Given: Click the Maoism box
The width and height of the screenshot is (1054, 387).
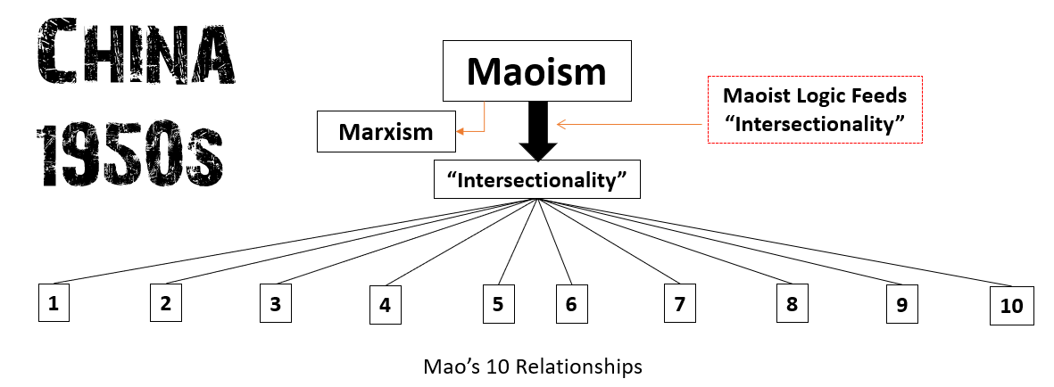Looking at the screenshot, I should [537, 70].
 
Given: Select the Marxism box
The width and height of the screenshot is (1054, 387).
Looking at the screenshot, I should [386, 133].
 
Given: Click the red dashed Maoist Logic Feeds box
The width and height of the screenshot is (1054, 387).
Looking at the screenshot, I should [813, 110].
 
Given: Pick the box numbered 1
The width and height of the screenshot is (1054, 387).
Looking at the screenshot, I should [54, 302].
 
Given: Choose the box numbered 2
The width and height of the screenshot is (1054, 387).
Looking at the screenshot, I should [165, 302].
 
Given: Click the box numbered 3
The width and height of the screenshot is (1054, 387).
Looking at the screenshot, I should [276, 303].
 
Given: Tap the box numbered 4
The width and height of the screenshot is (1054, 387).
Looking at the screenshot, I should [385, 304].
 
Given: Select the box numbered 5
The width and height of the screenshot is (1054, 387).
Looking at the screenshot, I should [498, 303].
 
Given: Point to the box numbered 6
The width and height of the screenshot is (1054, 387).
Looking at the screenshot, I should [571, 303].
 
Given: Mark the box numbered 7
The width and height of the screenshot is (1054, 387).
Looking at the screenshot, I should [679, 303].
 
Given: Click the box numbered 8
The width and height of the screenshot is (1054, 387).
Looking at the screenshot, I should [792, 303].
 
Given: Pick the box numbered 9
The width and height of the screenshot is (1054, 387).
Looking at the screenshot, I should [901, 304].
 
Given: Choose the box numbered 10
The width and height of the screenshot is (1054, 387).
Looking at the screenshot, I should [1011, 306].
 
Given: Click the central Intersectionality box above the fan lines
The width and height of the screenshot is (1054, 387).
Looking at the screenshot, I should [537, 179].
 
